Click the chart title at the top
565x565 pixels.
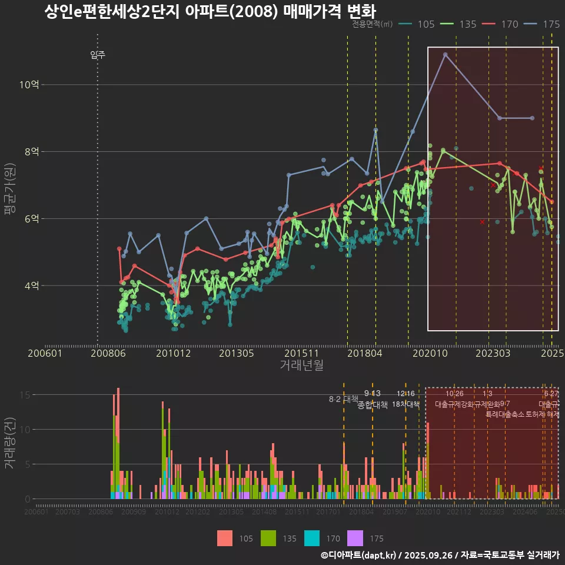[210, 12]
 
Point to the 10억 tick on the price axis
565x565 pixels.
[29, 85]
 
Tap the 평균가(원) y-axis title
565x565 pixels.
[9, 190]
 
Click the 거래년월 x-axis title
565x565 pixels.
[301, 365]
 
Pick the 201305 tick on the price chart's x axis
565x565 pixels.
[236, 353]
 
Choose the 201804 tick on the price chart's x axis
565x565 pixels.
[365, 353]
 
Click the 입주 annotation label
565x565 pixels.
[98, 55]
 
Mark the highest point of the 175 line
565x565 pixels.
[446, 55]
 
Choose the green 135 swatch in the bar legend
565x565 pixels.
[268, 538]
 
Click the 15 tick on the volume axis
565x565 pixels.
[26, 395]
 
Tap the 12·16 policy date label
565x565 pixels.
[406, 394]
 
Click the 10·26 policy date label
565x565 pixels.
[454, 394]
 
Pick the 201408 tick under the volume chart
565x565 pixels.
[264, 512]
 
